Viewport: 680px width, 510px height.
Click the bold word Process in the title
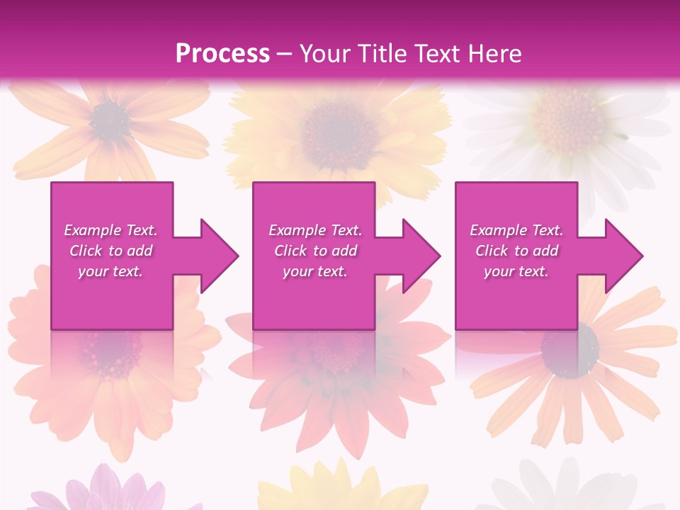click(x=222, y=53)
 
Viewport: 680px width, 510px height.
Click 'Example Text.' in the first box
click(x=110, y=230)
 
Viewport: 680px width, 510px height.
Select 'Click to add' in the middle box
click(x=315, y=251)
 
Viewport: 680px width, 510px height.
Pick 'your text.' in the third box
click(x=516, y=271)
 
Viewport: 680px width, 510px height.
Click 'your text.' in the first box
click(x=110, y=271)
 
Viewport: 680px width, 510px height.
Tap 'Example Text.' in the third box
click(x=516, y=230)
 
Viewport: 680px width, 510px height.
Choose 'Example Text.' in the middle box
click(x=315, y=230)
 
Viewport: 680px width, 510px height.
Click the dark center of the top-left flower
click(x=110, y=120)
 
